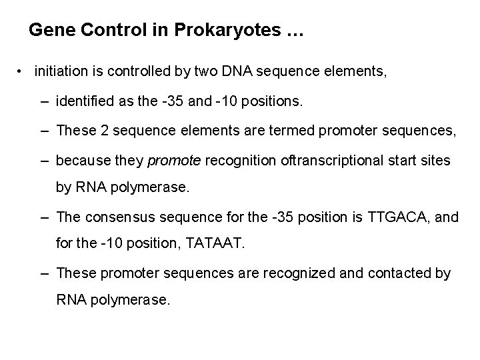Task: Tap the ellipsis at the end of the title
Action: point(293,31)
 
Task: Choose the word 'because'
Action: point(83,160)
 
